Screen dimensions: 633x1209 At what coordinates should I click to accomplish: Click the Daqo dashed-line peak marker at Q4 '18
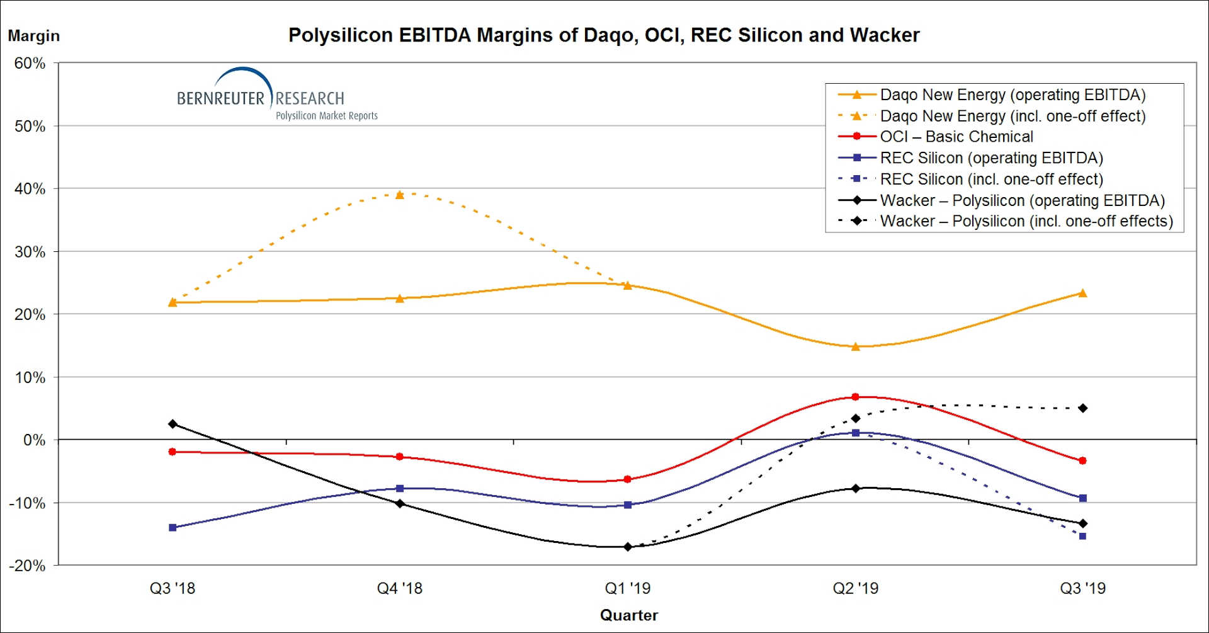[x=399, y=195]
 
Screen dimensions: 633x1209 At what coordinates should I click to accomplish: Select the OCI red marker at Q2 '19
[x=855, y=397]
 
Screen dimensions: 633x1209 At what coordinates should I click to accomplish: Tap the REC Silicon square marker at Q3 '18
[x=173, y=527]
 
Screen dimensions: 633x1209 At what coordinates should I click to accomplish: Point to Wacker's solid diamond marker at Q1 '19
[x=627, y=547]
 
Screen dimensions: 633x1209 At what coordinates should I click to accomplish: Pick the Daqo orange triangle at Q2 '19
[x=855, y=346]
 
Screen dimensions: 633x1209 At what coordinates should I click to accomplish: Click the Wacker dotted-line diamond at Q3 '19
[x=1082, y=408]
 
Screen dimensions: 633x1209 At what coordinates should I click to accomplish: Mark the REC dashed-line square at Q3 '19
[x=1082, y=536]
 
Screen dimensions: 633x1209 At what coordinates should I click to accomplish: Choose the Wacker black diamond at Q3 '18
[x=173, y=424]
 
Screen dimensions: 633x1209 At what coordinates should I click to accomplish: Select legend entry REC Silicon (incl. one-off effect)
[x=991, y=180]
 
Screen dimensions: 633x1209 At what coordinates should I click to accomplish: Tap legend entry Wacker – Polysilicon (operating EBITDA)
[x=1022, y=200]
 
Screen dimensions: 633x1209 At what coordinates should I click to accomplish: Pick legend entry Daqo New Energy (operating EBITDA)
[x=1012, y=95]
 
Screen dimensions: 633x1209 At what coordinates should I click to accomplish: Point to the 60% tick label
[x=30, y=64]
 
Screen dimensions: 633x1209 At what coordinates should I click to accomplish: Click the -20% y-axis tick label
[x=27, y=566]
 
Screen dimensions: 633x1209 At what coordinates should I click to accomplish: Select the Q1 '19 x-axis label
[x=627, y=588]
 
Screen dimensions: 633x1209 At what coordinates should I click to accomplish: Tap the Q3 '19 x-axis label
[x=1082, y=588]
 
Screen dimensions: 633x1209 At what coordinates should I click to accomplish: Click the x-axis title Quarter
[x=628, y=615]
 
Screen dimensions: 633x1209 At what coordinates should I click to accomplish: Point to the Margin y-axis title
[x=33, y=36]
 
